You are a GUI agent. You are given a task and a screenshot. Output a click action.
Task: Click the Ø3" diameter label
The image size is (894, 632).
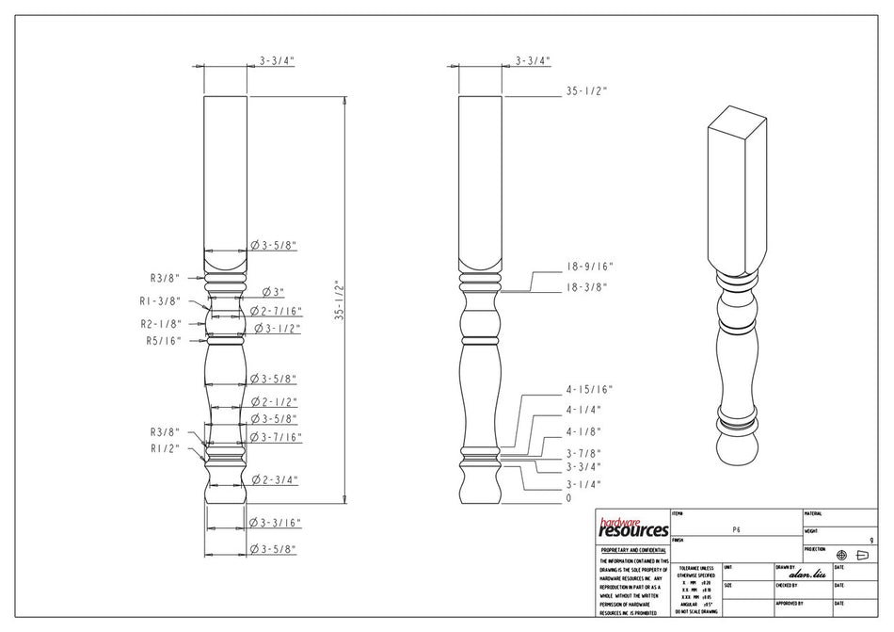(x=273, y=293)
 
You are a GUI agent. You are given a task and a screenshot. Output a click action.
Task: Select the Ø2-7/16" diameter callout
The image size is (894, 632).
(x=275, y=311)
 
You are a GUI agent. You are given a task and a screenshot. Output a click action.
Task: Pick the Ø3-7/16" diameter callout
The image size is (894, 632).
(x=275, y=437)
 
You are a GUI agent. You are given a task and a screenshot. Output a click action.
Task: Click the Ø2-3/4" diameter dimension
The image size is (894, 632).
(x=275, y=479)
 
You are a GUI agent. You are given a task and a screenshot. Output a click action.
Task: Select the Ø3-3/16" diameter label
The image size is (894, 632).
(x=275, y=522)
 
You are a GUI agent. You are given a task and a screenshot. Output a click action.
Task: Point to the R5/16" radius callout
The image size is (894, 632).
(x=162, y=341)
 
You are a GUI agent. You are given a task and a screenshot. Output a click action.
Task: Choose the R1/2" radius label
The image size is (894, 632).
(x=165, y=449)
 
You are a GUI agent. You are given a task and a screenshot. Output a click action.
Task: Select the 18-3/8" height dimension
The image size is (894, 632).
(x=585, y=287)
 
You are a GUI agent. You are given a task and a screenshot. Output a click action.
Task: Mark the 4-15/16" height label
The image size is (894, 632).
(x=589, y=389)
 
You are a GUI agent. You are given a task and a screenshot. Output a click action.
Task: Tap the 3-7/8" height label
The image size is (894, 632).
(x=583, y=454)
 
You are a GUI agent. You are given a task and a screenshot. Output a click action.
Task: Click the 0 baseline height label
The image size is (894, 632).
(x=568, y=498)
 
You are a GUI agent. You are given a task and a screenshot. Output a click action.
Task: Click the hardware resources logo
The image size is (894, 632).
(x=633, y=527)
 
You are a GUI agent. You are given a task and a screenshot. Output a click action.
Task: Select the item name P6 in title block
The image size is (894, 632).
(x=736, y=531)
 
